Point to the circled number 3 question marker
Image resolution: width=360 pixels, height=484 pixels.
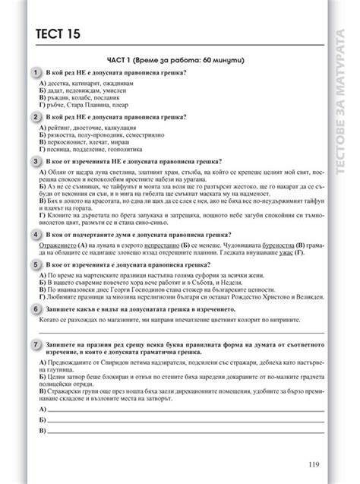point(36,161)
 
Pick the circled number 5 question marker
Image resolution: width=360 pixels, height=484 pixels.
point(36,263)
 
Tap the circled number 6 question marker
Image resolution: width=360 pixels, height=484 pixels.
point(36,310)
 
